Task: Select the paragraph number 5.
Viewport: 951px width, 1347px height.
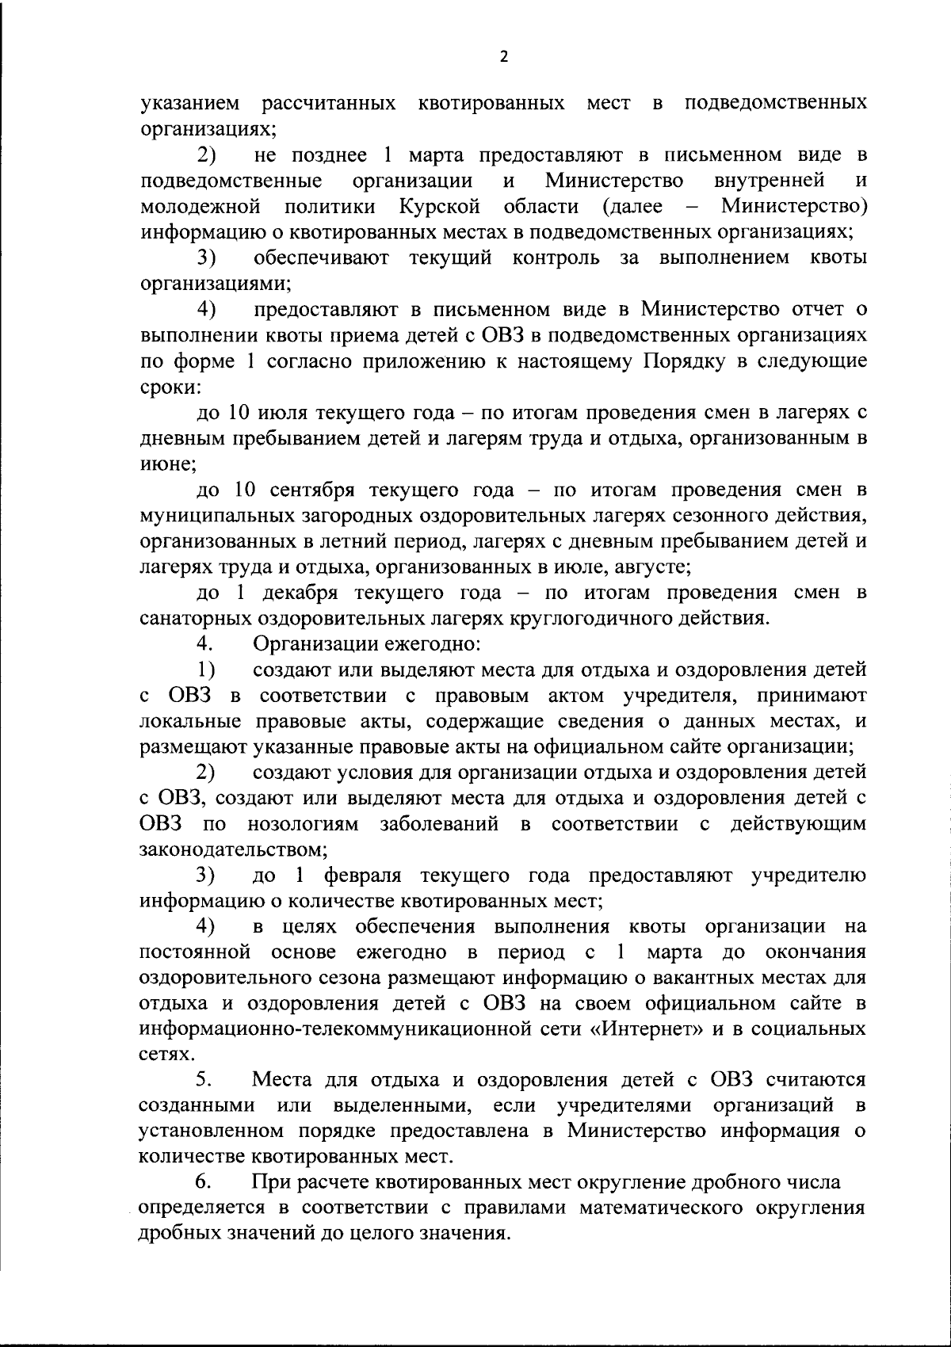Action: pyautogui.click(x=204, y=1080)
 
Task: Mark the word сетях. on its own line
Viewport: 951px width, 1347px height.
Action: pyautogui.click(x=164, y=1055)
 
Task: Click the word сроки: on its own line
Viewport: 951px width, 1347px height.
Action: pyautogui.click(x=170, y=387)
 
